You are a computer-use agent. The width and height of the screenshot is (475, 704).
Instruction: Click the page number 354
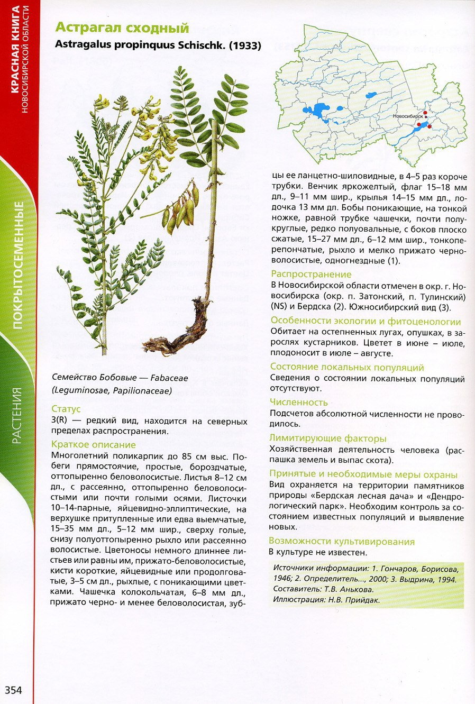pos(14,690)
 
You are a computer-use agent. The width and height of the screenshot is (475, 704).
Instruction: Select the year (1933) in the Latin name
pos(245,45)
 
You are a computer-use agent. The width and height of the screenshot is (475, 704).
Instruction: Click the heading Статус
pos(66,409)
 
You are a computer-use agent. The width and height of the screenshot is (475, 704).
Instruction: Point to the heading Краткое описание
pos(94,444)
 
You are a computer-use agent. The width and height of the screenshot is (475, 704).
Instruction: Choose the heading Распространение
pos(311,274)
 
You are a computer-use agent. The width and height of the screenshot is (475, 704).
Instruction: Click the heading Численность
pos(299,403)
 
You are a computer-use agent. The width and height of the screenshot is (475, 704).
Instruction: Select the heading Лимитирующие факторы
pos(328,438)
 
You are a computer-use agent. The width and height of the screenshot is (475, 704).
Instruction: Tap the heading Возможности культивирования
pos(342,541)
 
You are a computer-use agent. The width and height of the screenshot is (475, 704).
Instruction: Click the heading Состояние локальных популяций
pos(347,367)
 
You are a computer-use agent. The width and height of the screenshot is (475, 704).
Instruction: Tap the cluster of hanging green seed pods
pos(181,209)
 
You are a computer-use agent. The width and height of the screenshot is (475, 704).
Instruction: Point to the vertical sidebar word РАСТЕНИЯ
pos(17,415)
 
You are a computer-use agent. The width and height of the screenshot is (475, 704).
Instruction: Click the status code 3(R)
pos(61,421)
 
